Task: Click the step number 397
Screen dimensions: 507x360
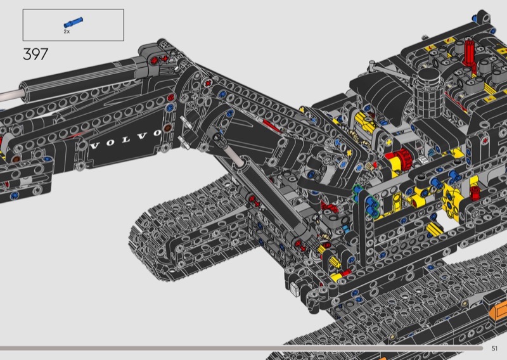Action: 35,54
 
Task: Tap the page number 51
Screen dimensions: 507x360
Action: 494,349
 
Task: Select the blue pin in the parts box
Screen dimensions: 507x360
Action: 74,22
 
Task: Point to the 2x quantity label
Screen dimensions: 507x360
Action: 67,32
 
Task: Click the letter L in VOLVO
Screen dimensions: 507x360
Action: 125,139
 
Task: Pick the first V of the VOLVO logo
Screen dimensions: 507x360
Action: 94,146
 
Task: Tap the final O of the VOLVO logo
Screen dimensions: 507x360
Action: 157,132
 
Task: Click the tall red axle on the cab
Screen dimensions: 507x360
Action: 468,53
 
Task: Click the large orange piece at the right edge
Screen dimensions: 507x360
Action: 498,311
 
